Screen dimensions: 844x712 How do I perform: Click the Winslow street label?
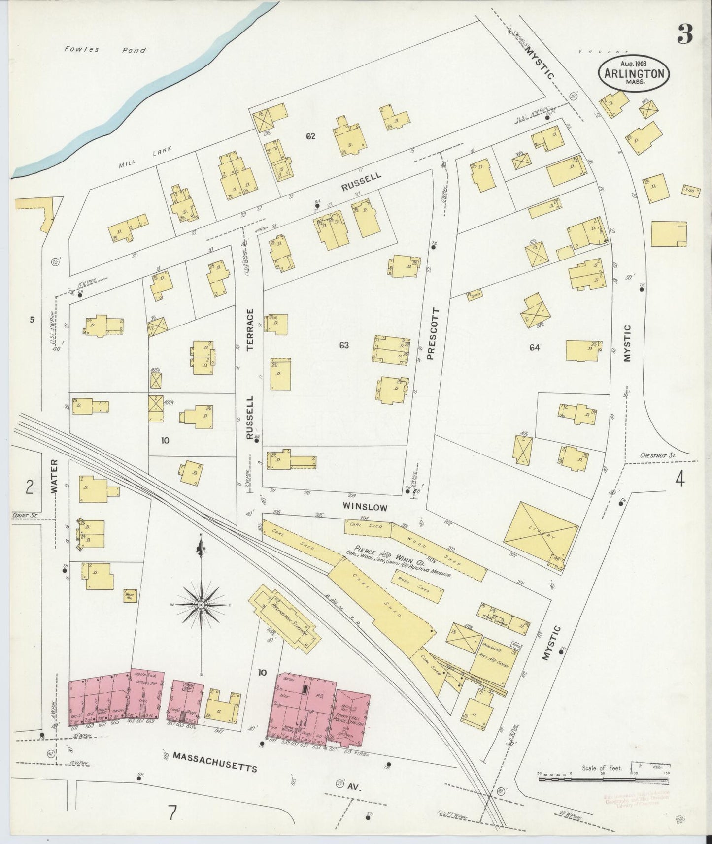[366, 507]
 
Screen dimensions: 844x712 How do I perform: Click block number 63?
[343, 345]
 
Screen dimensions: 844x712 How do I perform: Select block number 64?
[535, 347]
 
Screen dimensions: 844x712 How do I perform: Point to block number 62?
[310, 136]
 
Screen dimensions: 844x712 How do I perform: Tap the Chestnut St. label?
[658, 456]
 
